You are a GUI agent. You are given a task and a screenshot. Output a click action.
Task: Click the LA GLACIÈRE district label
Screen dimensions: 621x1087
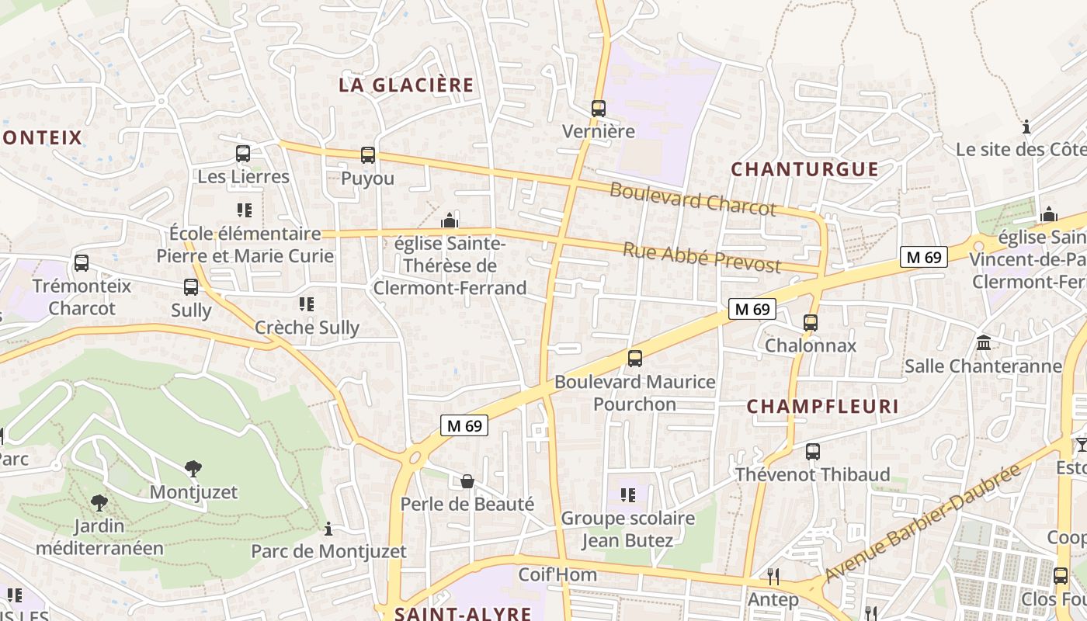406,85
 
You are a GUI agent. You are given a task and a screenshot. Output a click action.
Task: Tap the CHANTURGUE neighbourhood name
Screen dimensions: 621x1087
804,169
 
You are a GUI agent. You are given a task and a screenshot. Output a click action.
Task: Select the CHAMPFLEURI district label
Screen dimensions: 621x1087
822,407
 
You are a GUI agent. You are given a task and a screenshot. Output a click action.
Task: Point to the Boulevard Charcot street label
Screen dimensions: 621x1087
693,199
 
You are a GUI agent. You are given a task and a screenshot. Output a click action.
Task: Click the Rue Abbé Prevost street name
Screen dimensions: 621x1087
702,257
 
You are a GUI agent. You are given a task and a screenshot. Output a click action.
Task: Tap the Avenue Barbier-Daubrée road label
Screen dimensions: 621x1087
922,524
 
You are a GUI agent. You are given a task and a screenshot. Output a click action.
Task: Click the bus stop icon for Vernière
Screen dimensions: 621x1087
598,109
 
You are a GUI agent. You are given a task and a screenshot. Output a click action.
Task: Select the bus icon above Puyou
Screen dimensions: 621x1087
368,155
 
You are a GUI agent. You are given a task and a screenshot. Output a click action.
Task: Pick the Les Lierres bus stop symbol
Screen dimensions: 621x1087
243,154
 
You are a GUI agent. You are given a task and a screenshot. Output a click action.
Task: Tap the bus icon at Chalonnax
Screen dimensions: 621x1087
811,322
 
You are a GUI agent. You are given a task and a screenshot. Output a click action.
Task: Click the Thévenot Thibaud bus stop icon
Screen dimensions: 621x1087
813,451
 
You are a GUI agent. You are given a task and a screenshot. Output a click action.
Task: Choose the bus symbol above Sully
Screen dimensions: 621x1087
191,287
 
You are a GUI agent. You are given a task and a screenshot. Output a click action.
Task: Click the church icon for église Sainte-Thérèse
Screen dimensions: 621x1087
450,221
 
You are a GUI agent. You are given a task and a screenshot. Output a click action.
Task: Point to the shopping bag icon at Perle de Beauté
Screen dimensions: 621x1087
467,481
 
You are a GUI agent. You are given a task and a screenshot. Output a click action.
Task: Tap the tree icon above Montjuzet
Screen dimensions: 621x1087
193,468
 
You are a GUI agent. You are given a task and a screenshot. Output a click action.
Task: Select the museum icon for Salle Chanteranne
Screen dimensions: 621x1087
983,342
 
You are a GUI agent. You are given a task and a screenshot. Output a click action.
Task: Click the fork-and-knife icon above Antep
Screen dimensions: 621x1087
773,576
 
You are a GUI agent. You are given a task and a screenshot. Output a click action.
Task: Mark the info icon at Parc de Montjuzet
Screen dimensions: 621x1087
328,529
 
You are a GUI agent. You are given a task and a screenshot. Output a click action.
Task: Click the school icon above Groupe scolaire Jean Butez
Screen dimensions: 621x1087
628,494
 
